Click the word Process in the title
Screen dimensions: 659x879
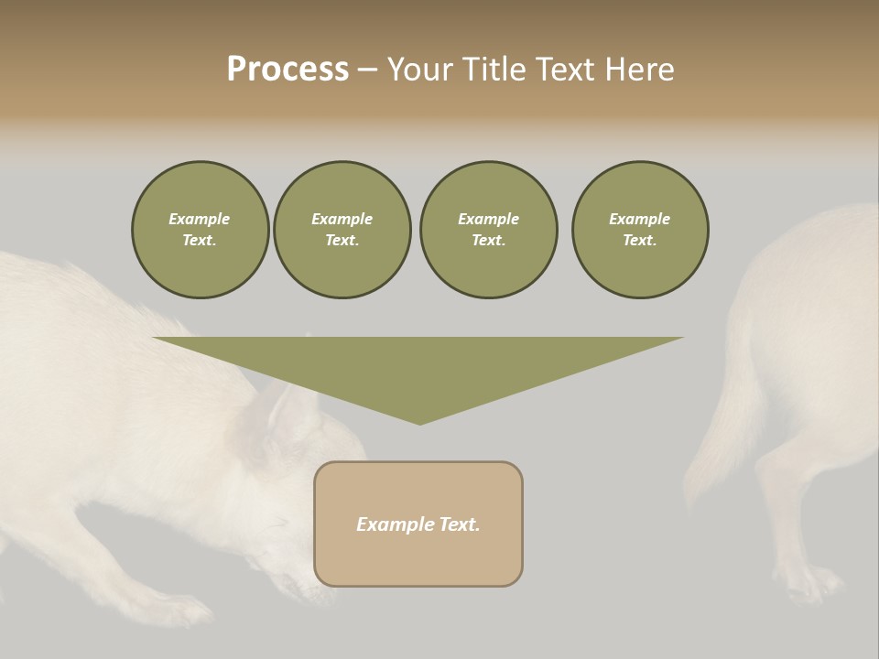coord(288,70)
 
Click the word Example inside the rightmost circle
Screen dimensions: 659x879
coord(639,219)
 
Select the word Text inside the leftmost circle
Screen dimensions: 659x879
coord(199,241)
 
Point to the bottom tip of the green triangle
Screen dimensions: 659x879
coord(419,422)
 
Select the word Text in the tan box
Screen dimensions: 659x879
coord(459,524)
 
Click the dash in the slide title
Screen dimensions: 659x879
coord(367,70)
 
